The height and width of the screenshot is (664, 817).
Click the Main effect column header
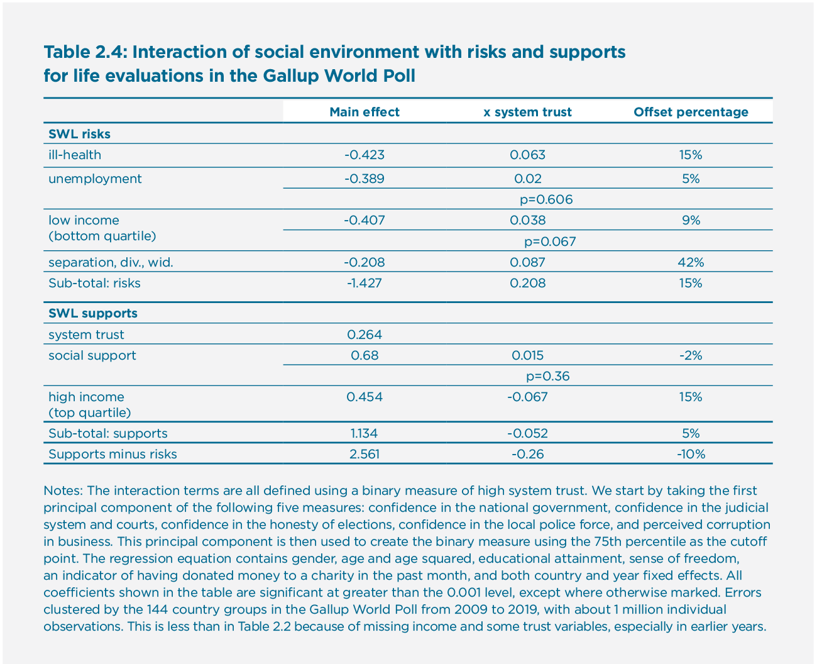coord(364,112)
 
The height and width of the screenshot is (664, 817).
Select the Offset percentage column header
coord(691,112)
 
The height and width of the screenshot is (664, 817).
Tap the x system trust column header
coord(527,112)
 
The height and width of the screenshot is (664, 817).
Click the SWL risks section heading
coord(79,134)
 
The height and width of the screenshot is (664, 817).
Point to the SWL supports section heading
coord(93,313)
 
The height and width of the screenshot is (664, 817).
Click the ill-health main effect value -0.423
coord(364,155)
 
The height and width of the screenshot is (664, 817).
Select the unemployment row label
coord(95,179)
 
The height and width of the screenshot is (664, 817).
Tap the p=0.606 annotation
coord(546,199)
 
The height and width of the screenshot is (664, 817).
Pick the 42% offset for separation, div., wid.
coord(690,262)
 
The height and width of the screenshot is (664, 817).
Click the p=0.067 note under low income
coord(550,241)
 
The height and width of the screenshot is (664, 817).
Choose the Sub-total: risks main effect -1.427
coord(364,283)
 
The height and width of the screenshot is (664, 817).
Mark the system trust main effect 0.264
coord(365,335)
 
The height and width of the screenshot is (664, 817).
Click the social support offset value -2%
coord(690,355)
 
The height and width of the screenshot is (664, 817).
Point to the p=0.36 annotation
coord(547,376)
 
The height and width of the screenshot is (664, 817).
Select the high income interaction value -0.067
coord(527,397)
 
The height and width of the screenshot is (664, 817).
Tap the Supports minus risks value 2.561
coord(365,454)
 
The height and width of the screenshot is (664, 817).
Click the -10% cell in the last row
coord(690,454)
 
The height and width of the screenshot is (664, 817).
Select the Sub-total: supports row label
coord(107,433)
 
